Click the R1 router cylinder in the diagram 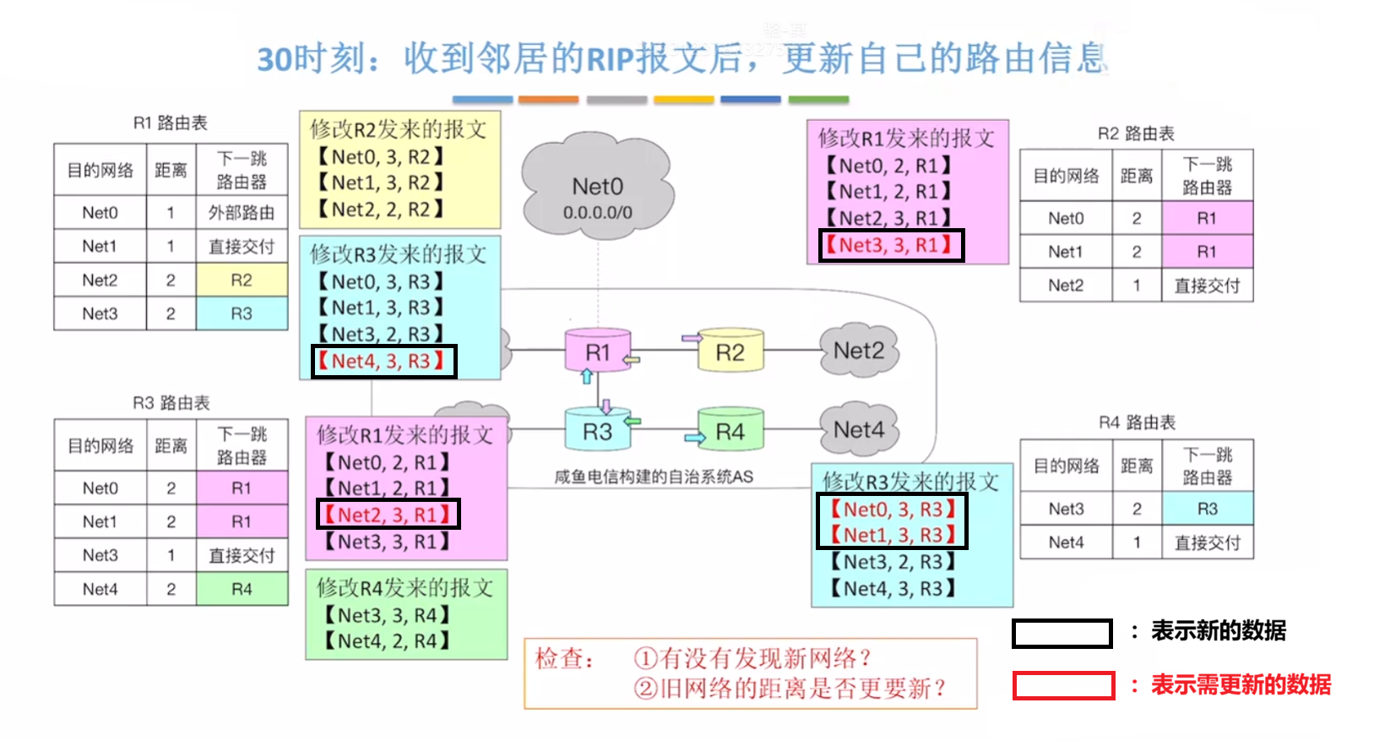pyautogui.click(x=597, y=352)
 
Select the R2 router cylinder pyautogui.click(x=730, y=352)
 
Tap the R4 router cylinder pyautogui.click(x=730, y=432)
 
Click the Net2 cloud pyautogui.click(x=858, y=351)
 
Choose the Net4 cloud pyautogui.click(x=858, y=430)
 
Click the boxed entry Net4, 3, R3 pyautogui.click(x=384, y=362)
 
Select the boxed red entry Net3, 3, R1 pyautogui.click(x=892, y=245)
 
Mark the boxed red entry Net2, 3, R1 pyautogui.click(x=388, y=515)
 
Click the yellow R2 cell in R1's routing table pyautogui.click(x=242, y=280)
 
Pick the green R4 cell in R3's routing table pyautogui.click(x=242, y=589)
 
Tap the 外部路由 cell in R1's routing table pyautogui.click(x=242, y=213)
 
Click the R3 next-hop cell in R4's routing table pyautogui.click(x=1207, y=509)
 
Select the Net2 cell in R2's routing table pyautogui.click(x=1066, y=286)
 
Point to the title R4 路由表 pyautogui.click(x=1137, y=422)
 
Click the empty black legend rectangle pyautogui.click(x=1062, y=634)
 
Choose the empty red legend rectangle pyautogui.click(x=1063, y=685)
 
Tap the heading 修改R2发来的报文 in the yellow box pyautogui.click(x=398, y=129)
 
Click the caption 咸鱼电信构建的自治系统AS pyautogui.click(x=654, y=477)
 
